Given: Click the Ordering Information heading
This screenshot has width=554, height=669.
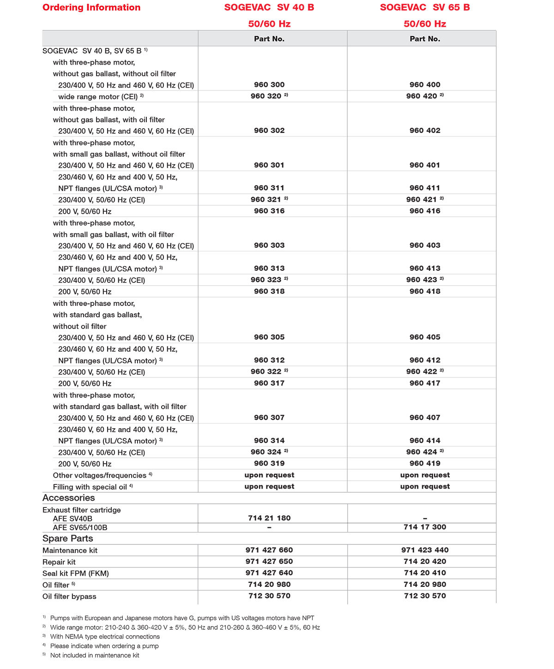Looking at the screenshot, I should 91,7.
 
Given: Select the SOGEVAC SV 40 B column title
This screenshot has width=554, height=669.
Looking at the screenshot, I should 269,7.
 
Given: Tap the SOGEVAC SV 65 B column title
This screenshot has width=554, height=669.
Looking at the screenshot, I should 425,7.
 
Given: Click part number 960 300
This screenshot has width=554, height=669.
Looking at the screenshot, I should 269,85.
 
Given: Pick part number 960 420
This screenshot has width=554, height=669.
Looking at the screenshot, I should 422,96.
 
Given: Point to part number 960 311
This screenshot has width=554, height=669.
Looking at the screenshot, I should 269,188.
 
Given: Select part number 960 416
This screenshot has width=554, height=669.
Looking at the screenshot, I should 425,211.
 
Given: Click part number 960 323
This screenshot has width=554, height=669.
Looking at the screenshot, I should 266,280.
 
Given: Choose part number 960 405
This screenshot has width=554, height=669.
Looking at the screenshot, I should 425,337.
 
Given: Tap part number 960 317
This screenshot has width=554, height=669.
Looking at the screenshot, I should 269,383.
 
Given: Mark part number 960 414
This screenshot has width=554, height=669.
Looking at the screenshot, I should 425,441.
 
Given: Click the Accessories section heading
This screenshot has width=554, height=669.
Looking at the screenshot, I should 69,498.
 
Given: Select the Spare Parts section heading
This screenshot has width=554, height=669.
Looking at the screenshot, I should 68,538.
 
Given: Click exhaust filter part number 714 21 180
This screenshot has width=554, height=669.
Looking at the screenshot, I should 269,518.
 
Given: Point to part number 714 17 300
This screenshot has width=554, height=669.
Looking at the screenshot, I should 425,527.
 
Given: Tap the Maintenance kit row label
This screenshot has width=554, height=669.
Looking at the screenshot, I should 70,550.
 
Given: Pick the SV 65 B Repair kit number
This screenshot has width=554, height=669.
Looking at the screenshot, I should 425,561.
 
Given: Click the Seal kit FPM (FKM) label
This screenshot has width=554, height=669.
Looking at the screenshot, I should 76,573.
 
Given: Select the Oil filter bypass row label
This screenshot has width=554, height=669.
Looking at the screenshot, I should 69,597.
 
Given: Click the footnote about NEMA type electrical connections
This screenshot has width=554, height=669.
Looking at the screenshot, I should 105,637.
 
